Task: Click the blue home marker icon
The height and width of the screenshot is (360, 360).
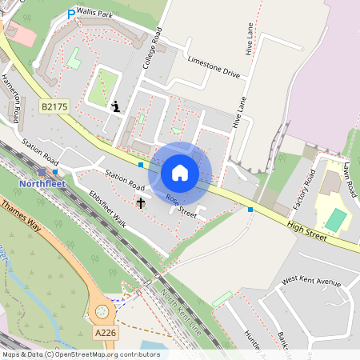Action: pos(180,173)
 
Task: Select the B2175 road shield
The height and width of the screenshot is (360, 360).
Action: pos(54,105)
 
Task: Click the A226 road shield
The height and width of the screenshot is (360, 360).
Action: pos(105,333)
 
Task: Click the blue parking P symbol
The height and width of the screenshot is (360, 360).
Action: pos(71,14)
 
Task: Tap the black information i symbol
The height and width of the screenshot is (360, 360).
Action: pos(117,106)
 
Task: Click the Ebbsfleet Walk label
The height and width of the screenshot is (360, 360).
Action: pos(107,208)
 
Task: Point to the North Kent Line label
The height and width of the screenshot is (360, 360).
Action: pos(178,313)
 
